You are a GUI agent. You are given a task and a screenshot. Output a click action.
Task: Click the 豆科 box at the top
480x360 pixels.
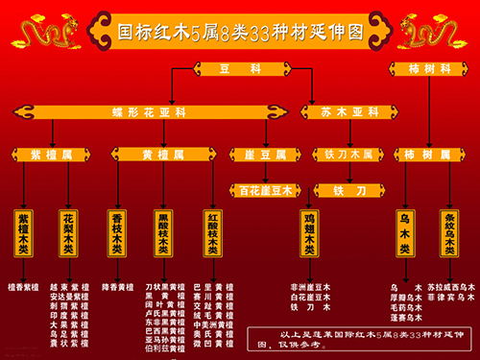[240, 68]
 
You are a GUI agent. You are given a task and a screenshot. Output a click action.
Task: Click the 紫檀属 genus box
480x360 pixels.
[47, 154]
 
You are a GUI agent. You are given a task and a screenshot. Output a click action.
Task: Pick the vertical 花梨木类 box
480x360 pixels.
[69, 231]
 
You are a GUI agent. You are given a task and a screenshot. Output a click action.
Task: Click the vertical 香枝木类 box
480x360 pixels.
[116, 231]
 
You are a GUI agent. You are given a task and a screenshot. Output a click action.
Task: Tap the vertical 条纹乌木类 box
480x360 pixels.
[448, 231]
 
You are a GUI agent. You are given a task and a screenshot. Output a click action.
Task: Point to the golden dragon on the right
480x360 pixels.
[438, 29]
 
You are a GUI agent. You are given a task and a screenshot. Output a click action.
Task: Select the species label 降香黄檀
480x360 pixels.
[117, 286]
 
